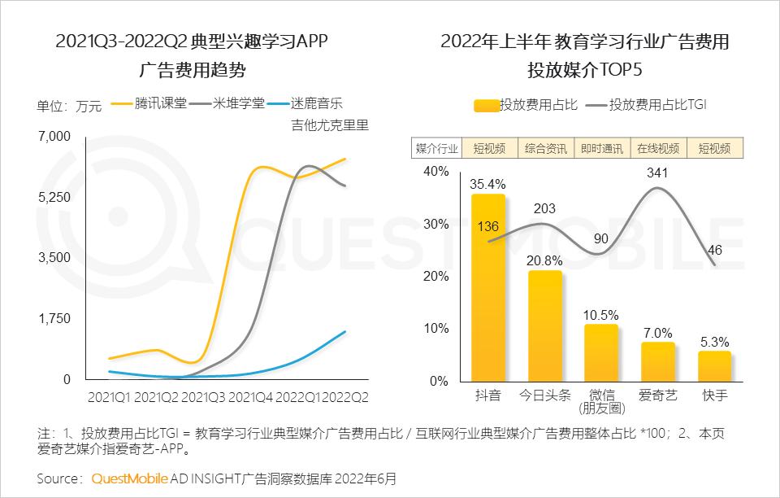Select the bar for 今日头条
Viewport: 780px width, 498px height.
tap(544, 325)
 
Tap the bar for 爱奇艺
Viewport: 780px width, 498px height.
tap(658, 361)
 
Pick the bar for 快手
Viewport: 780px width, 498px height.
tap(714, 366)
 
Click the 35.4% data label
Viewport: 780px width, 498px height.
tap(487, 183)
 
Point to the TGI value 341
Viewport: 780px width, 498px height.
tap(658, 173)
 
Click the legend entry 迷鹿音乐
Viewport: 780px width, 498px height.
tap(316, 104)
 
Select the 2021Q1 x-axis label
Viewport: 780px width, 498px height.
tap(109, 397)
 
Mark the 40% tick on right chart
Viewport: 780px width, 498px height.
tap(435, 172)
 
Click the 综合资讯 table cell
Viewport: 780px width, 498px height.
tap(546, 148)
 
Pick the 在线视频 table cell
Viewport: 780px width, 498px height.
tap(658, 148)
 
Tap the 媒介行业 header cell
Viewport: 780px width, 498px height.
tap(437, 148)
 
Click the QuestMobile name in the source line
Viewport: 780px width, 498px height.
tap(130, 478)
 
